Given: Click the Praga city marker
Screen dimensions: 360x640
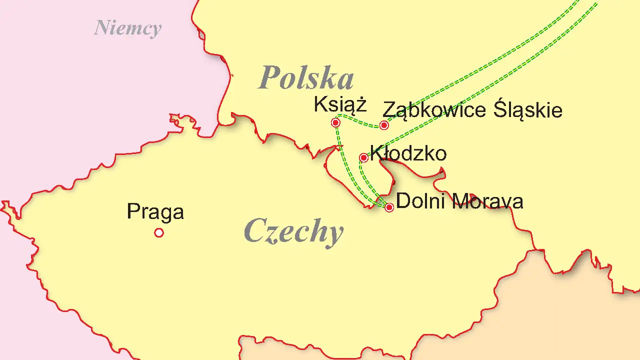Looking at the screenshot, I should click(159, 232).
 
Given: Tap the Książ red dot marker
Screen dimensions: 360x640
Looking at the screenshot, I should click(336, 122).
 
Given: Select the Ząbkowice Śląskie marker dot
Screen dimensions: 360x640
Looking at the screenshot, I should click(384, 125).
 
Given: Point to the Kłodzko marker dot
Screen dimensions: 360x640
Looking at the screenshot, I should click(364, 158).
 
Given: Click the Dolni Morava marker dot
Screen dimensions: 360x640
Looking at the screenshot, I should click(389, 207).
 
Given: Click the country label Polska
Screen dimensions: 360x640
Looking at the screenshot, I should click(306, 78).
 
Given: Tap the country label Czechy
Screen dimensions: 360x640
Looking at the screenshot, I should click(294, 232).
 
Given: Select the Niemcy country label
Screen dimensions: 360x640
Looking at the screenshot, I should click(127, 28).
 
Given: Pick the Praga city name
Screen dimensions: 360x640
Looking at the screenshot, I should click(155, 212).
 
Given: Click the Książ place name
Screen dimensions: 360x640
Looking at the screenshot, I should click(340, 105).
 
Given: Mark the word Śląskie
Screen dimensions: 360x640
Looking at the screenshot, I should click(527, 109).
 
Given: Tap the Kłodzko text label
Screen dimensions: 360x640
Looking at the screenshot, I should click(408, 153).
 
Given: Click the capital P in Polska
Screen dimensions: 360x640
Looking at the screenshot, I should click(270, 78).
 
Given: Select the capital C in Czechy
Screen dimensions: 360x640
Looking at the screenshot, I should click(255, 231).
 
